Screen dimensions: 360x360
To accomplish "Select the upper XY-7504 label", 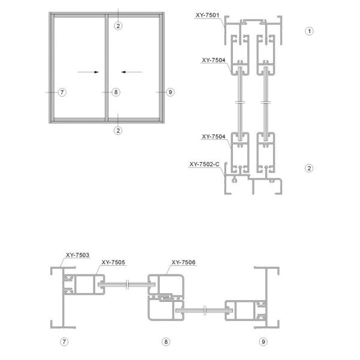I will tap(214, 60).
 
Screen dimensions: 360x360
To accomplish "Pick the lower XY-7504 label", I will tap(214, 136).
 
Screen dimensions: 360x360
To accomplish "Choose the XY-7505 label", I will tap(113, 262).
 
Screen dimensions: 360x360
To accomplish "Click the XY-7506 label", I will tap(184, 262).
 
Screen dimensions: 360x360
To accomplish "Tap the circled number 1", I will tap(309, 30).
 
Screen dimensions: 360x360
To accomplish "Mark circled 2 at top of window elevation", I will tap(119, 25).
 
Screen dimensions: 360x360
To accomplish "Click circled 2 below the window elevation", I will tap(119, 130).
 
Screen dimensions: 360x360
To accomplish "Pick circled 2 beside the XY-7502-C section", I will tap(309, 168).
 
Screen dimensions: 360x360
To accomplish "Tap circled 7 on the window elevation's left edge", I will tap(62, 92).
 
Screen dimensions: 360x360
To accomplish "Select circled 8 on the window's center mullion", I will tap(116, 92).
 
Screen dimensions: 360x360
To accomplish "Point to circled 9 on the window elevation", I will tap(170, 92).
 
